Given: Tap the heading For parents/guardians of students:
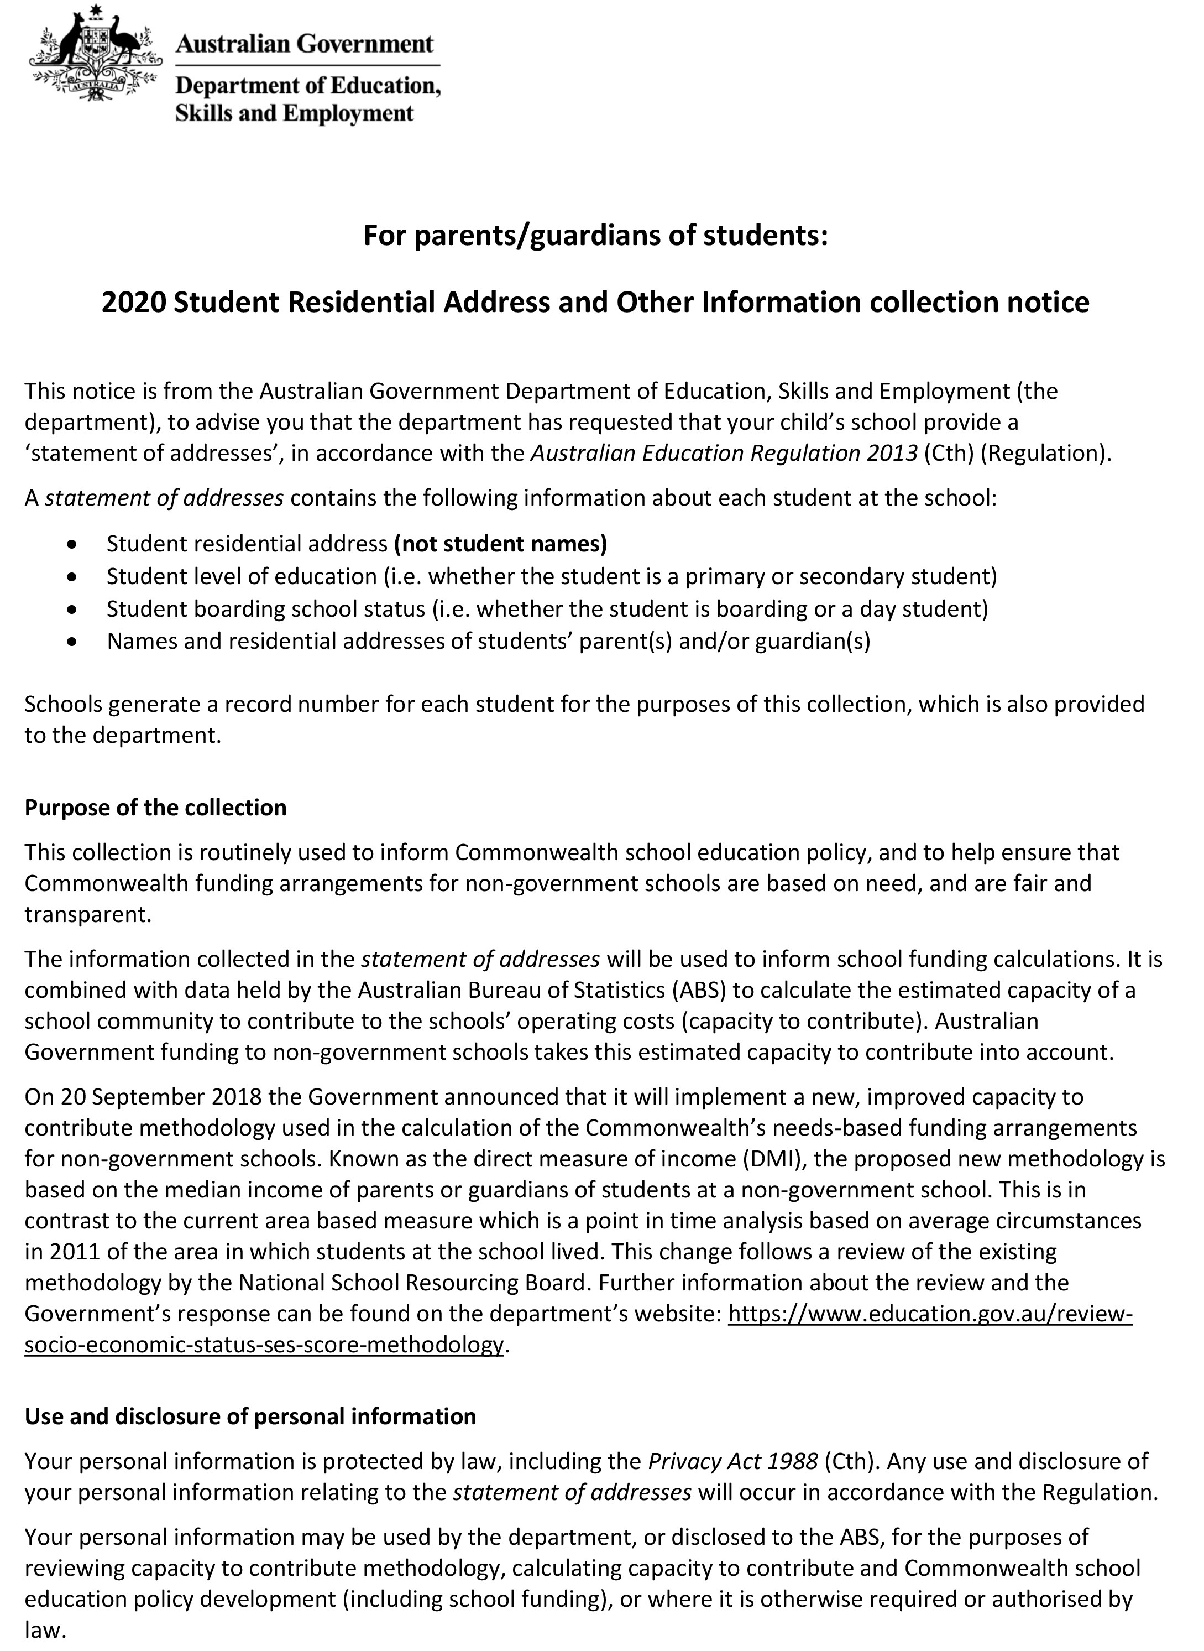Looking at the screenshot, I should point(595,236).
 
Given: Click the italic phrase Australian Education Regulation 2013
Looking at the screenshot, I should point(724,454).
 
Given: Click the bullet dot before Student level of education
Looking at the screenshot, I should point(71,577).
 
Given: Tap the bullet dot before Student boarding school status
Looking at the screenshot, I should point(71,609).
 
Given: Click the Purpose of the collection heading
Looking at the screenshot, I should point(155,808).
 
